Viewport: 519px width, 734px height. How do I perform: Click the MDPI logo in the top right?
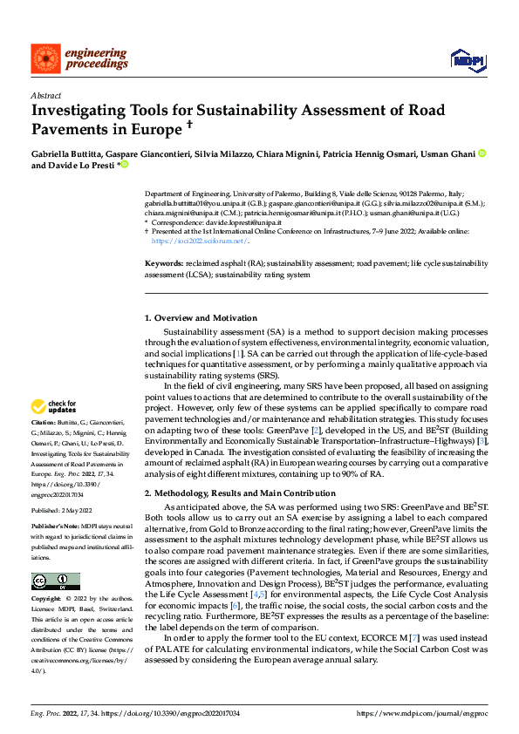pyautogui.click(x=467, y=59)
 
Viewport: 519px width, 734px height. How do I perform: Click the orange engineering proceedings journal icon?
pyautogui.click(x=44, y=58)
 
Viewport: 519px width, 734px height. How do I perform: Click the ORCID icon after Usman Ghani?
pyautogui.click(x=482, y=153)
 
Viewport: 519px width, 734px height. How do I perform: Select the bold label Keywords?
pyautogui.click(x=163, y=262)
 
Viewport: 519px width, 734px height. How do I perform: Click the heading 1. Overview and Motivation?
pyautogui.click(x=201, y=318)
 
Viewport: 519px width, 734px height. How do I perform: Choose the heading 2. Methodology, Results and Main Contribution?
pyautogui.click(x=240, y=494)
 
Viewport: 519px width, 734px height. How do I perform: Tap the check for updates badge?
pyautogui.click(x=54, y=406)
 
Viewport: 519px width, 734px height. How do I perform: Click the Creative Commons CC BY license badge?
pyautogui.click(x=55, y=581)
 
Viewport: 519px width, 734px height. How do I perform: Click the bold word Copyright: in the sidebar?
pyautogui.click(x=47, y=600)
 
